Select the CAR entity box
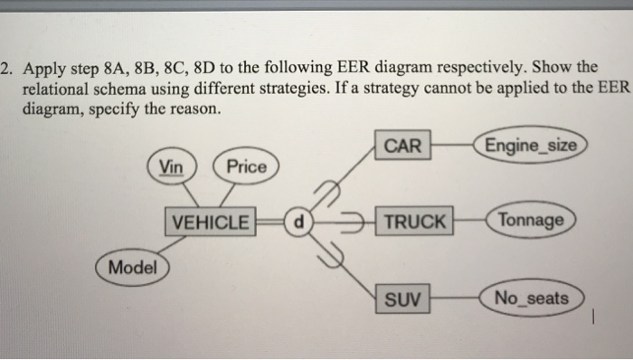[x=402, y=146]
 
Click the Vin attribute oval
[x=169, y=166]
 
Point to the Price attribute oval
[x=246, y=166]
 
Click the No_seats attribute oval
[x=533, y=297]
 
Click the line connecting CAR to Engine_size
[x=455, y=145]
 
